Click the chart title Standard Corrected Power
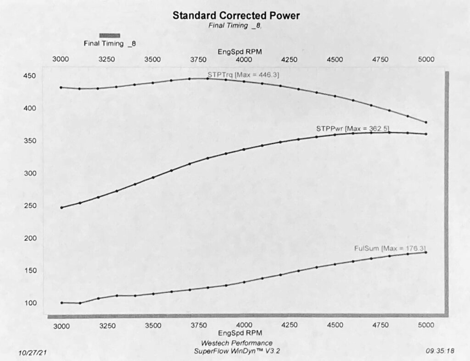pyautogui.click(x=236, y=15)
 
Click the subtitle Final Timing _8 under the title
pyautogui.click(x=235, y=26)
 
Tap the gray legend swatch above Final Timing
pyautogui.click(x=110, y=35)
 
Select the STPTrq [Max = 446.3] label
pyautogui.click(x=244, y=74)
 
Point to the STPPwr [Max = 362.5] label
pyautogui.click(x=353, y=128)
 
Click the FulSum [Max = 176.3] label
pyautogui.click(x=393, y=248)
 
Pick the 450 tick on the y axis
pyautogui.click(x=30, y=76)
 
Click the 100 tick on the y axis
pyautogui.click(x=30, y=303)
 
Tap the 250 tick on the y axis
pyautogui.click(x=30, y=206)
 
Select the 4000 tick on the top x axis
pyautogui.click(x=243, y=60)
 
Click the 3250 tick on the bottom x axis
pyautogui.click(x=106, y=326)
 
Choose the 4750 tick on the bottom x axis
pyautogui.click(x=380, y=326)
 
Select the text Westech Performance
pyautogui.click(x=236, y=343)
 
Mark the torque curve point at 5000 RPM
pyautogui.click(x=426, y=122)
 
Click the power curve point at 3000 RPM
pyautogui.click(x=61, y=208)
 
